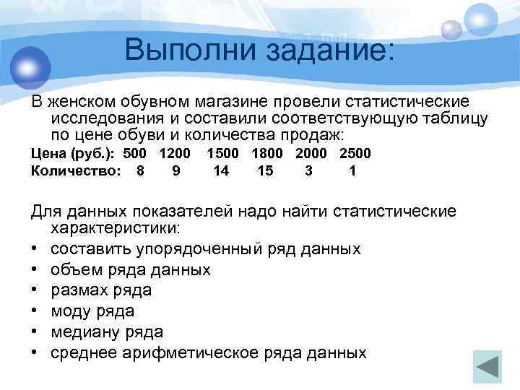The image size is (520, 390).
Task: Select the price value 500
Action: pos(135,153)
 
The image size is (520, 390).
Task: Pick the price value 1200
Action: pos(175,153)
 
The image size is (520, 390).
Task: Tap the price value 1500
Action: pos(223,153)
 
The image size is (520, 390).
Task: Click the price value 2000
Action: pos(311,153)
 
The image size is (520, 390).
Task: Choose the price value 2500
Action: pos(355,153)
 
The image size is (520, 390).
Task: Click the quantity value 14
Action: pos(221,171)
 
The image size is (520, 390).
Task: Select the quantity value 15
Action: pos(265,171)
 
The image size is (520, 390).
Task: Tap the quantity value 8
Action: pos(140,171)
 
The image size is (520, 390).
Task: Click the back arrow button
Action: pos(487,365)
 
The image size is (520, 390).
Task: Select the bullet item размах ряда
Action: pos(101,290)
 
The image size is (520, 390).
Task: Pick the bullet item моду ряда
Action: pos(93,311)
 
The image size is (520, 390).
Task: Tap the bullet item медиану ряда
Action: pos(107,332)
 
